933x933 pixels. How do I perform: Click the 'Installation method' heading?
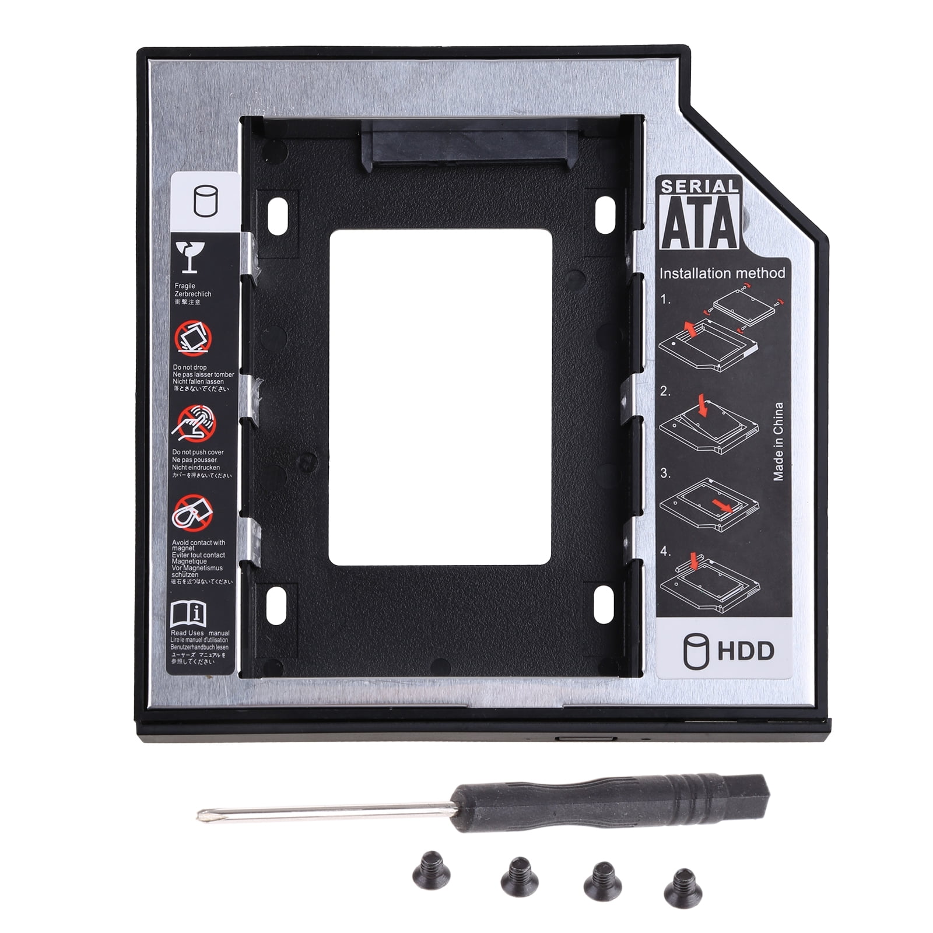click(722, 273)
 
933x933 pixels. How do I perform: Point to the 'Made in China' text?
click(778, 441)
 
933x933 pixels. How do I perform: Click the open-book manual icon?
click(188, 613)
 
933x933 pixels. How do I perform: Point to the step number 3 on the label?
click(665, 473)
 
